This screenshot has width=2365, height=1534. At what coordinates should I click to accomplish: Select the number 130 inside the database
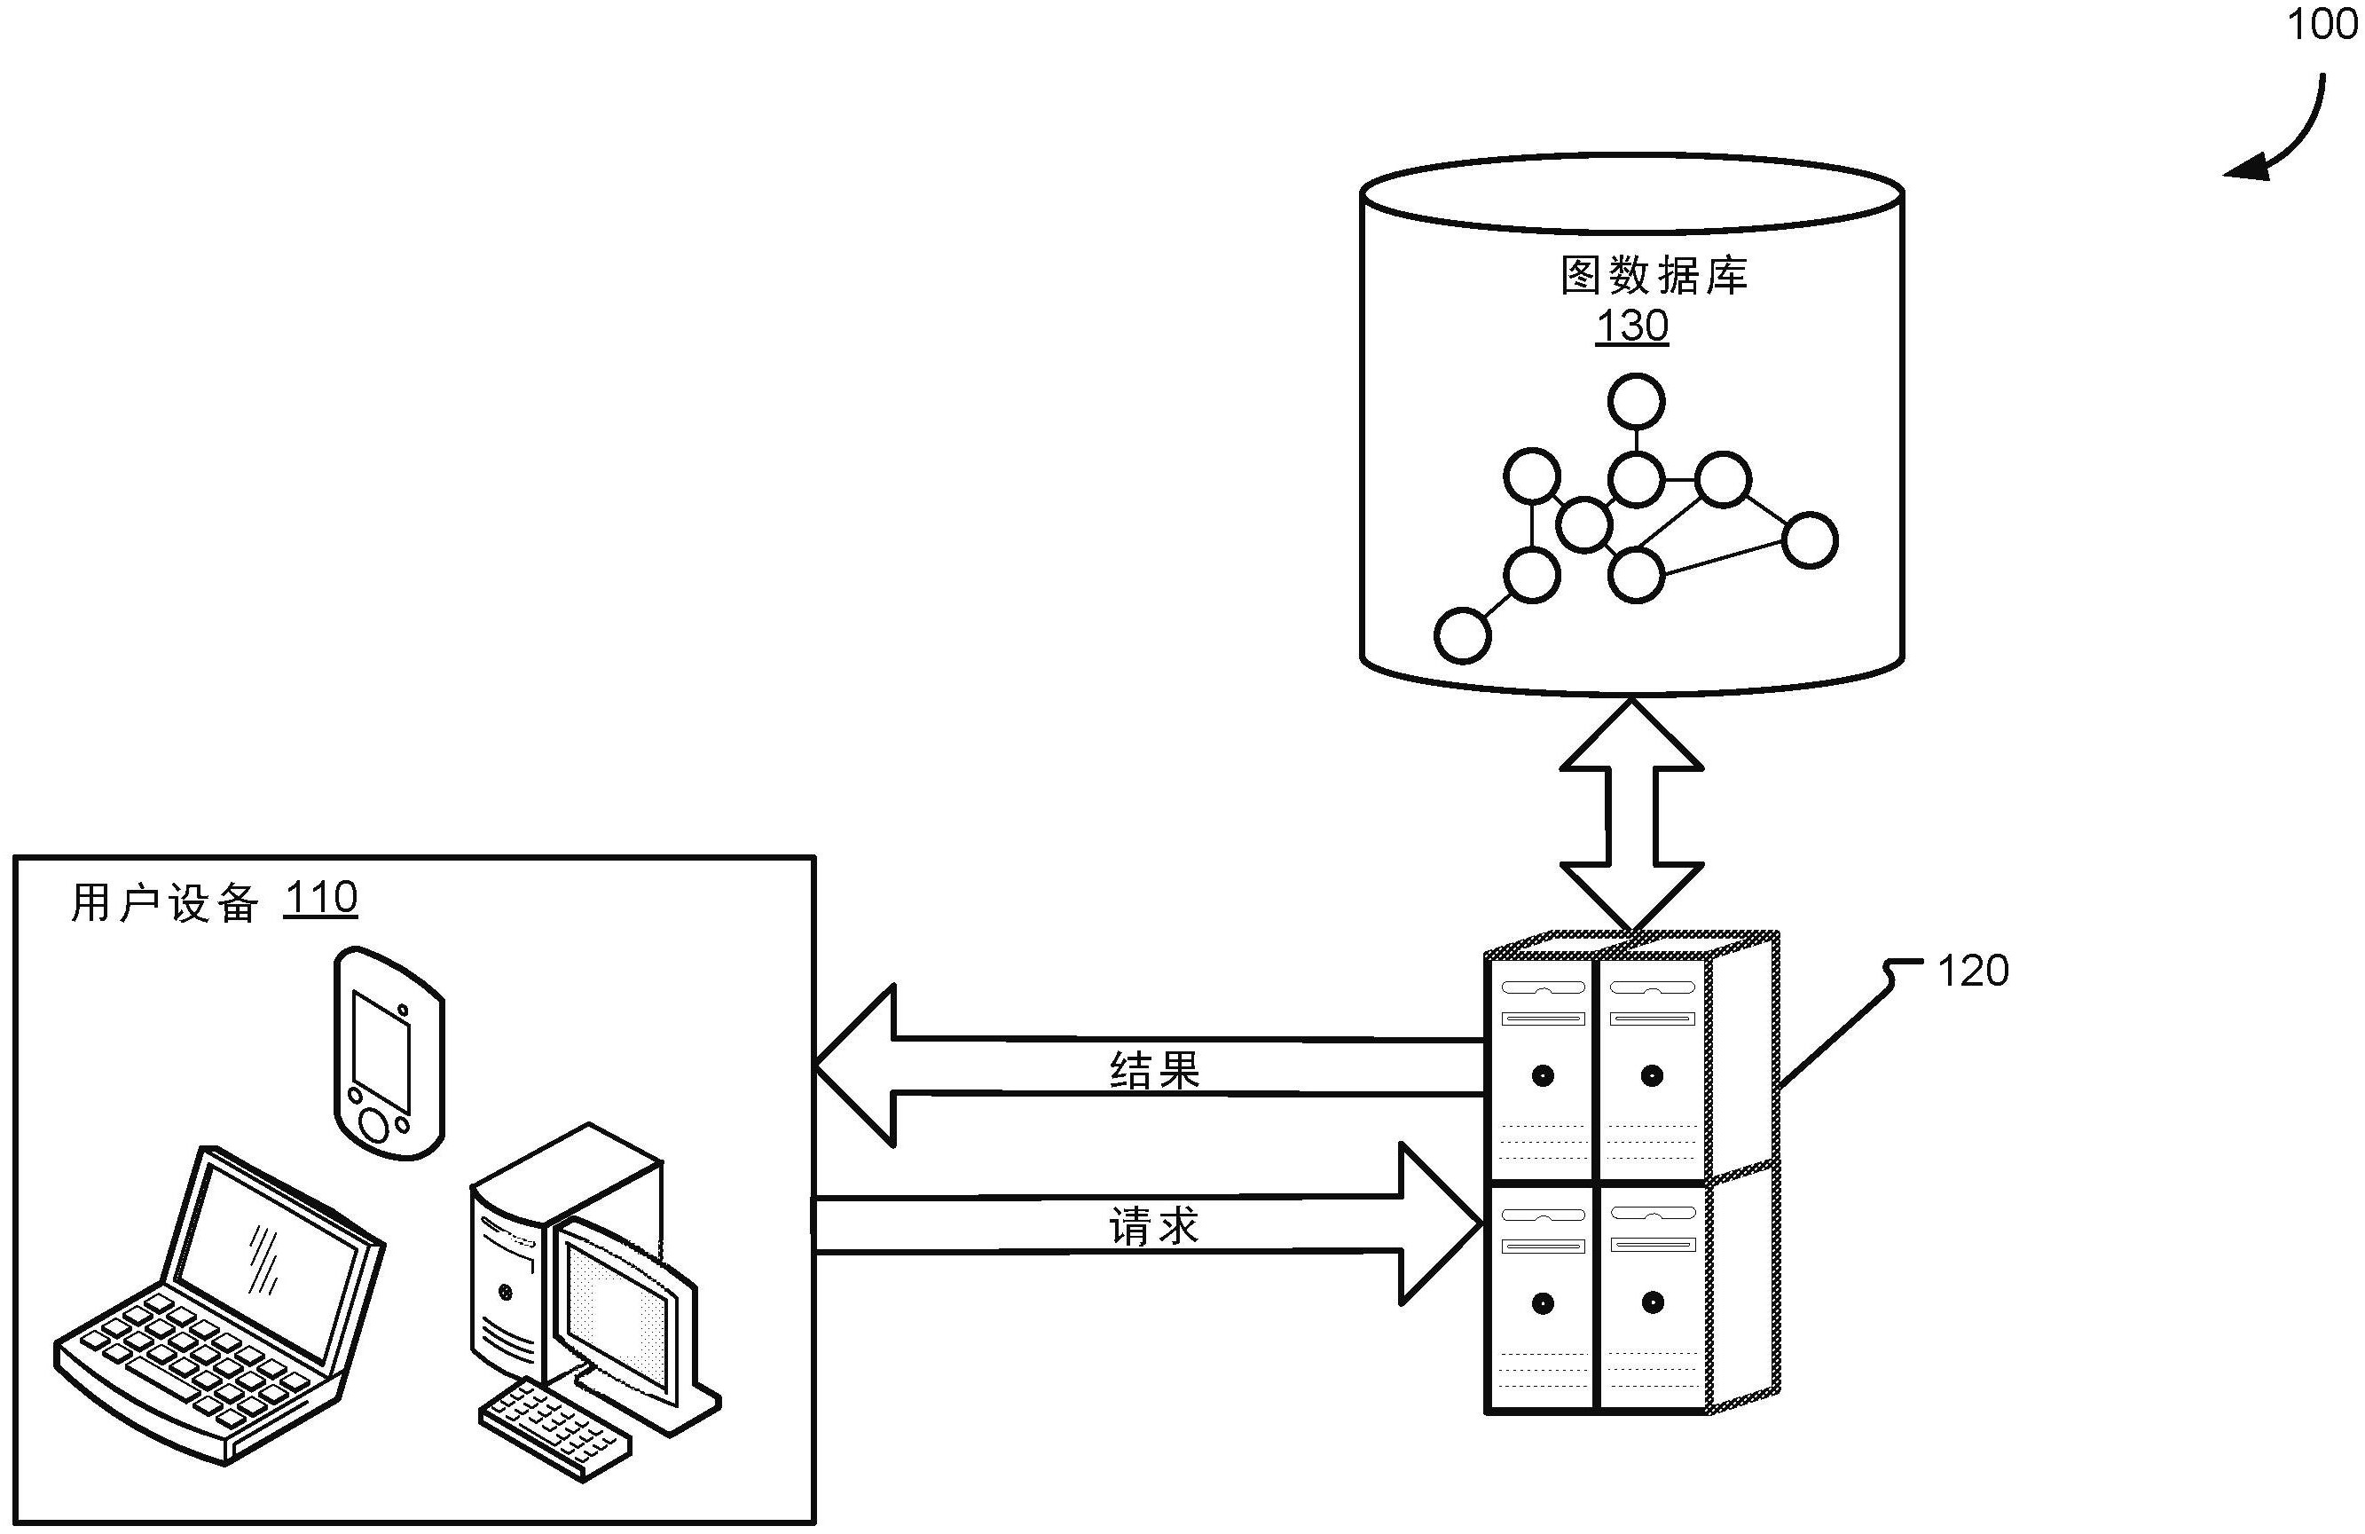click(x=1631, y=326)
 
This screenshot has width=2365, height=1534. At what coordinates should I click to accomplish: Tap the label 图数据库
click(x=1654, y=275)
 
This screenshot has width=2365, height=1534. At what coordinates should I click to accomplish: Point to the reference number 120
click(x=1973, y=971)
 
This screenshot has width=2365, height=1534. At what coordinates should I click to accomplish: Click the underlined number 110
click(x=320, y=898)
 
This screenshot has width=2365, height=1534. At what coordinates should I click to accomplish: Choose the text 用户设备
click(x=165, y=903)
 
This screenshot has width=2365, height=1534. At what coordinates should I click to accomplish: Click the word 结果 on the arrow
click(x=1155, y=1070)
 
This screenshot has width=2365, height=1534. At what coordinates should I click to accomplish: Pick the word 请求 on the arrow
click(x=1155, y=1227)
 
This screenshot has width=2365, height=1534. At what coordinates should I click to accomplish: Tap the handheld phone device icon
click(x=389, y=1052)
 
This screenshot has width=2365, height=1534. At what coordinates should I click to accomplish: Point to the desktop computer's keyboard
click(x=554, y=1428)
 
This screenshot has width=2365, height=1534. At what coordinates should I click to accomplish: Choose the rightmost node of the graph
click(x=1810, y=540)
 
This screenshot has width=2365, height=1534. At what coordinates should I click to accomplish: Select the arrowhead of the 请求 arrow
click(x=1441, y=1224)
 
